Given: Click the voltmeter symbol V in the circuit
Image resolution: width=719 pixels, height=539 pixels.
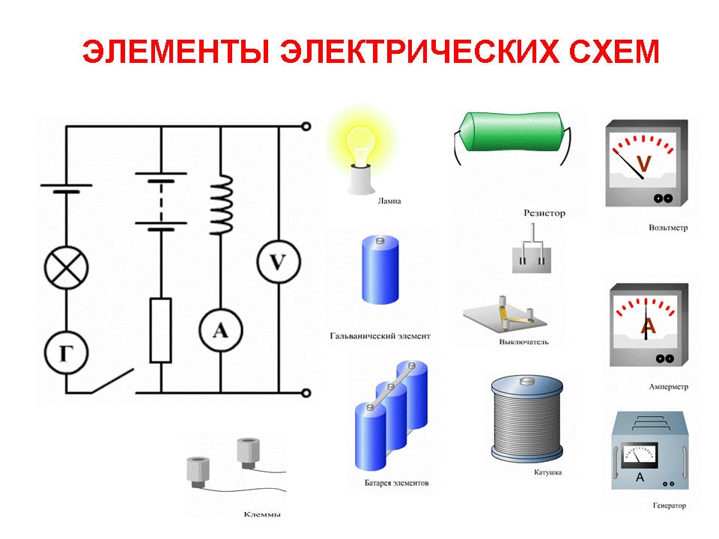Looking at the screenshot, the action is click(279, 262).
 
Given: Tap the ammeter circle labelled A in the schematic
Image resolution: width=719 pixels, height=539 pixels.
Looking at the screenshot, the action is click(220, 330).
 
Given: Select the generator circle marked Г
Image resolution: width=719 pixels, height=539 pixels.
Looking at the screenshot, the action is click(67, 353).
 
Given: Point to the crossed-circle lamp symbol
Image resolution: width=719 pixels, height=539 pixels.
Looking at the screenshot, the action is click(67, 268).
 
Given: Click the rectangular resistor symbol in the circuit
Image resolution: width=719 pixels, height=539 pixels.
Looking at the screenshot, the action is click(161, 330).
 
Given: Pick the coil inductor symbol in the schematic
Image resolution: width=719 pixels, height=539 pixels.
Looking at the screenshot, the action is click(221, 204).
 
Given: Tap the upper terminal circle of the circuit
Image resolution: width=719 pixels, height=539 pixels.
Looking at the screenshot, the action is click(306, 127).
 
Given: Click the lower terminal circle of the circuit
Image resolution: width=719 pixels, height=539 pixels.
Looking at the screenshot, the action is click(306, 393).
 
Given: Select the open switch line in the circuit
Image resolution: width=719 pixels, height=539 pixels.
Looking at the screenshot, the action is click(113, 381).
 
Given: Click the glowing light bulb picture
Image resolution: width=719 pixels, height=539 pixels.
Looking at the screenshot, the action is click(361, 151).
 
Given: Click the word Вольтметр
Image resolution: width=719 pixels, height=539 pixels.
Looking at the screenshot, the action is click(668, 228).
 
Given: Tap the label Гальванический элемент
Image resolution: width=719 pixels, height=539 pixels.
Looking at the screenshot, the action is click(380, 336).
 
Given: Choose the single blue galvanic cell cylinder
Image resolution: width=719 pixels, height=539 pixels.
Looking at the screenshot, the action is click(380, 269).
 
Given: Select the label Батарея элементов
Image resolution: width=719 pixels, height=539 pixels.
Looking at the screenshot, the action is click(397, 483).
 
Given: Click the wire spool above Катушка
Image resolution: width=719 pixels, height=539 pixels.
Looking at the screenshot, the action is click(527, 418).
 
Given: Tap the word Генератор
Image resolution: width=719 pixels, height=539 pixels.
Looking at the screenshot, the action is click(670, 505).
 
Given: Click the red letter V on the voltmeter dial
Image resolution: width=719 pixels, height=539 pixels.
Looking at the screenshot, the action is click(644, 164).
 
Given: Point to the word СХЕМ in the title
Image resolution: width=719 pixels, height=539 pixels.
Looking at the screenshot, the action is click(614, 51).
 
